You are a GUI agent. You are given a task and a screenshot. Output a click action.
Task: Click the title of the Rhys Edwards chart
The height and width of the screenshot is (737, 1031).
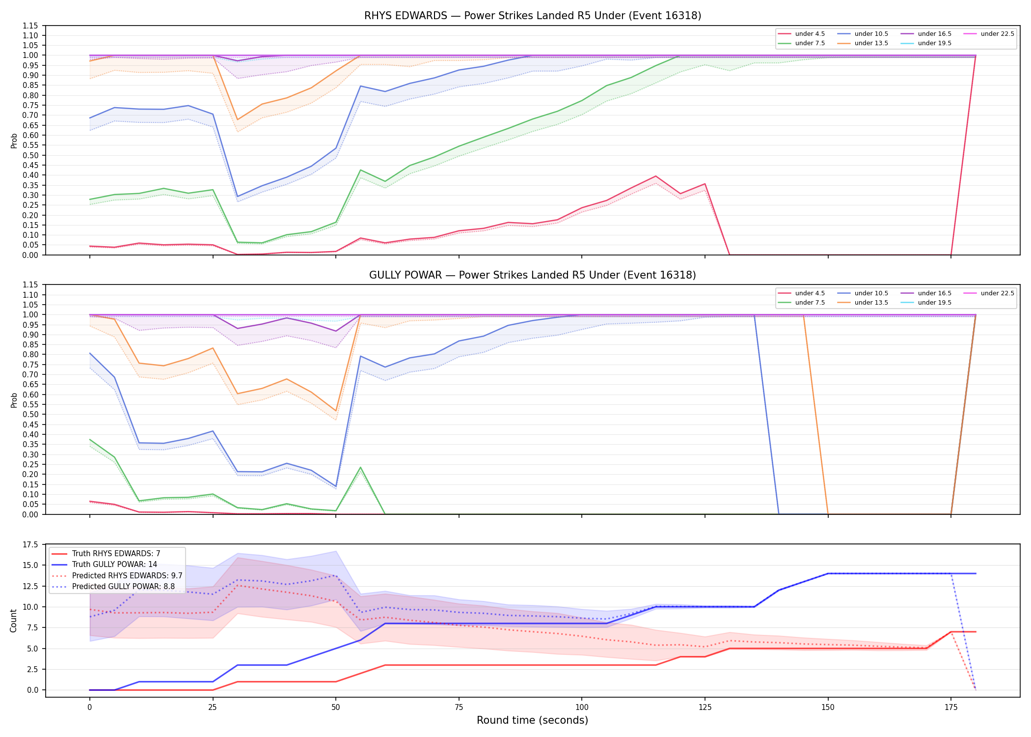533,16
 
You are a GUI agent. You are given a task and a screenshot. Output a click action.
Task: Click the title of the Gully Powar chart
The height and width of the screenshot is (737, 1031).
533,275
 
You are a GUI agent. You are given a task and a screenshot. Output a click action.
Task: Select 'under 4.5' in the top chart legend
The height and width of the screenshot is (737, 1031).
810,34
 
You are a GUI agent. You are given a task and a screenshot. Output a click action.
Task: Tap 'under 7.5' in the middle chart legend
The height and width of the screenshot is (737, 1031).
810,303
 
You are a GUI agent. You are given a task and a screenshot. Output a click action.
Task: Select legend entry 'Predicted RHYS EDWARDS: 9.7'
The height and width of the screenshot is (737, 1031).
127,575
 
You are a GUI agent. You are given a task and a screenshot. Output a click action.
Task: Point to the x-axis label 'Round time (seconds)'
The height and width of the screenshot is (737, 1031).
533,720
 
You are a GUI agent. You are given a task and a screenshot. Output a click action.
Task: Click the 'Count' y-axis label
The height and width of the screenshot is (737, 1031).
13,621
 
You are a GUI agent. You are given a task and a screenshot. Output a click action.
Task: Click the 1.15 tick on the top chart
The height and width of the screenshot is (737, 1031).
30,26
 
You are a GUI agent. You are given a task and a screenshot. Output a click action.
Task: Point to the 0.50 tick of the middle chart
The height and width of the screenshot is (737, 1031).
30,415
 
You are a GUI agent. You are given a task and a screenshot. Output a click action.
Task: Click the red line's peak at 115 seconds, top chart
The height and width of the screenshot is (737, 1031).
655,176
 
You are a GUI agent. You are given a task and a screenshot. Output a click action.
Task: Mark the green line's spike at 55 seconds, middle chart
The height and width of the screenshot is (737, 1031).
360,467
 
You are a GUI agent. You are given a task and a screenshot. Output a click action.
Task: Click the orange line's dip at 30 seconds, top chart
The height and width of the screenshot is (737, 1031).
238,120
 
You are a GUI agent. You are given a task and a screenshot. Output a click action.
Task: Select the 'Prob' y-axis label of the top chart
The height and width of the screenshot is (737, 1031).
14,141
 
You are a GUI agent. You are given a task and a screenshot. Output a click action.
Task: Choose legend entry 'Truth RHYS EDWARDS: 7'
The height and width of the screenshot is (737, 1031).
116,554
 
